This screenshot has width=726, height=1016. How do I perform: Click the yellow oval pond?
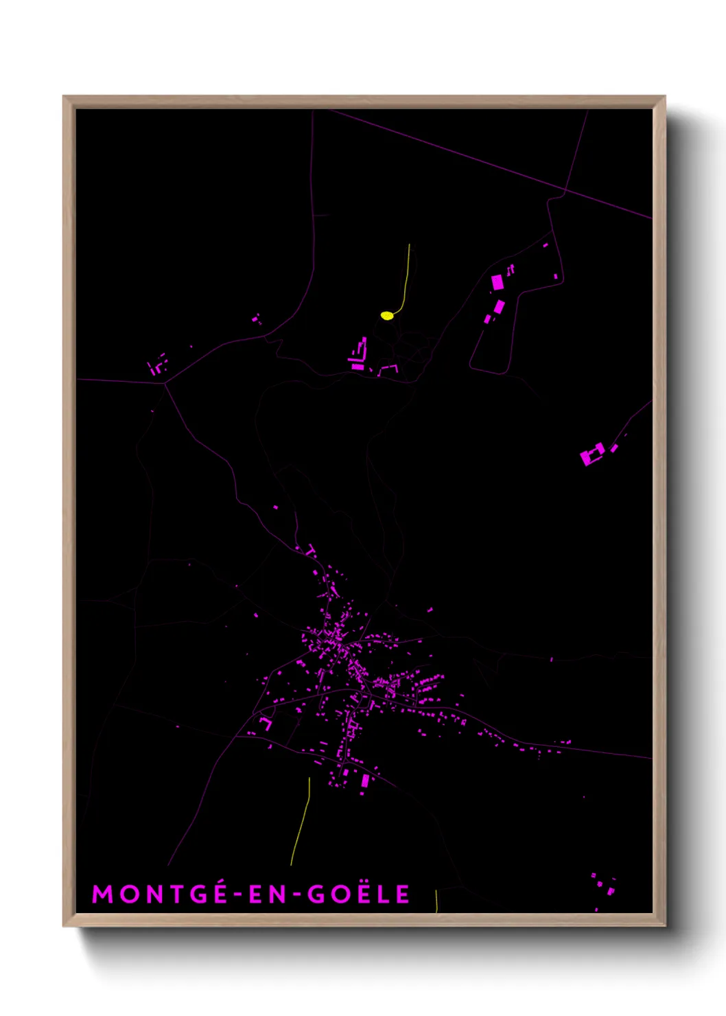[387, 316]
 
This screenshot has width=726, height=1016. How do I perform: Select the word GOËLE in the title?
[358, 894]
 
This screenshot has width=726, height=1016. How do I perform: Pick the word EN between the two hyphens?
[267, 894]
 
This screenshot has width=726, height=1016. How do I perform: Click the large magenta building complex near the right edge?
[592, 454]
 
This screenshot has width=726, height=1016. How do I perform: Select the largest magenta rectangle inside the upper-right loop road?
[497, 282]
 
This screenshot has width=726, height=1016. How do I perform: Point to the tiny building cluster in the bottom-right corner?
[604, 884]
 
